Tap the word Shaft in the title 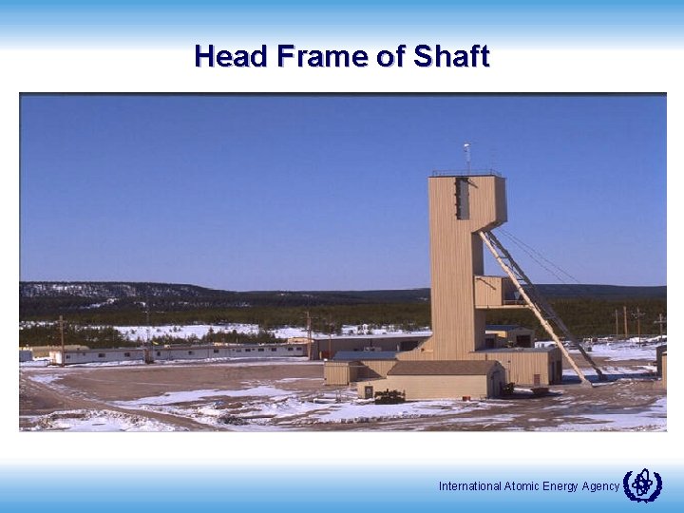[x=451, y=57]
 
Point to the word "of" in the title [x=390, y=57]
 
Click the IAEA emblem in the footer [x=642, y=485]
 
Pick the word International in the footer [x=468, y=486]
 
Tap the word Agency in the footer [x=600, y=486]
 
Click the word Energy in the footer [x=560, y=486]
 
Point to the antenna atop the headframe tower [x=466, y=155]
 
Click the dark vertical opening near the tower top [x=463, y=198]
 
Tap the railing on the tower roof [x=465, y=173]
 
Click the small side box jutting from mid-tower [x=488, y=292]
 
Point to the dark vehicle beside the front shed [x=389, y=396]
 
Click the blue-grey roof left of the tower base [x=366, y=356]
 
